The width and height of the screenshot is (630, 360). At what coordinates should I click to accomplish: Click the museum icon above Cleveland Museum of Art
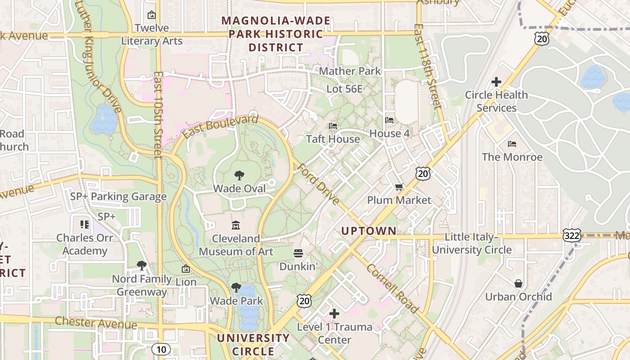[236, 225]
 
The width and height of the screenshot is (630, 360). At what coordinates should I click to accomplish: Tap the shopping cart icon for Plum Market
[399, 187]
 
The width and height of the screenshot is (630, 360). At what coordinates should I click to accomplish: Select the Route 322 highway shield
[571, 235]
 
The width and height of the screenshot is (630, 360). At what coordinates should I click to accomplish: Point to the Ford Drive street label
[319, 184]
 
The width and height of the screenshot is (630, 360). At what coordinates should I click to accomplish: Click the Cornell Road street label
[392, 288]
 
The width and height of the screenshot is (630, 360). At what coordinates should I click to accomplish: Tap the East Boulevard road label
[220, 127]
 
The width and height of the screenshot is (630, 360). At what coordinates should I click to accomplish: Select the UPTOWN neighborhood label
[369, 231]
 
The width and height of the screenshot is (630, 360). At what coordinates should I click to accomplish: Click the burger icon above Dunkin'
[298, 253]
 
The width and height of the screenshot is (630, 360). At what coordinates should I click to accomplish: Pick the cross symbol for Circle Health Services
[496, 82]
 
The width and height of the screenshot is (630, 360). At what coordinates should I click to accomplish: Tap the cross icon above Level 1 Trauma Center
[334, 314]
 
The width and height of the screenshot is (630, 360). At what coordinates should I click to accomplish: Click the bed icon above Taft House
[333, 126]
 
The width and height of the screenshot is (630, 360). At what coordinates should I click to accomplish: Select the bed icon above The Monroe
[512, 144]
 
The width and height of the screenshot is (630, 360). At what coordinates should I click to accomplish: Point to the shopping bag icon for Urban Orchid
[518, 283]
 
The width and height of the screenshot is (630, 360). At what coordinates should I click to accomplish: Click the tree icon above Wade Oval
[239, 175]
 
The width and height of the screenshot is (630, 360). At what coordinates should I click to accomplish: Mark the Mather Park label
[350, 71]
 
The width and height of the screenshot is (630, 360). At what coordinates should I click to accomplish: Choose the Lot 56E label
[344, 89]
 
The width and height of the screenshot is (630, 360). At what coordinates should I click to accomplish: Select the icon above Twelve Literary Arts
[152, 15]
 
